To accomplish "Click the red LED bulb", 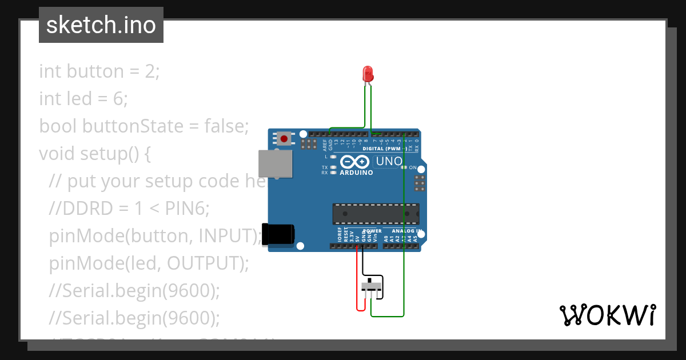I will pyautogui.click(x=368, y=73).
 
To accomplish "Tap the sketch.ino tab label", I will pyautogui.click(x=101, y=25).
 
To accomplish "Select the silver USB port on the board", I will pyautogui.click(x=274, y=163).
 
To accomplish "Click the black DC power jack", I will pyautogui.click(x=279, y=234).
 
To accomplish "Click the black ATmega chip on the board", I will pyautogui.click(x=376, y=214).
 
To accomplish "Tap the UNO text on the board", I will pyautogui.click(x=389, y=162).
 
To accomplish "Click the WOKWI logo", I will pyautogui.click(x=607, y=315).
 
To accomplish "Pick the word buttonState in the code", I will pyautogui.click(x=131, y=126).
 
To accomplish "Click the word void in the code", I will pyautogui.click(x=57, y=154).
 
